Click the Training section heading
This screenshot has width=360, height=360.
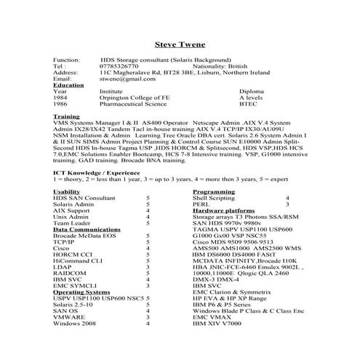[66, 116]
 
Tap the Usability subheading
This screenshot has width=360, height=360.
[68, 191]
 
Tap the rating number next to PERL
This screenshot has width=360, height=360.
[287, 204]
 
